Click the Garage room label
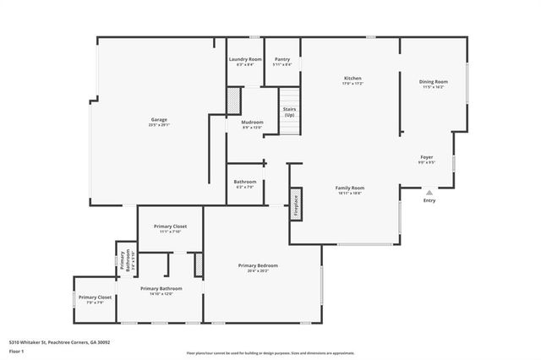tap(158, 121)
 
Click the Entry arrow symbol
tap(429, 193)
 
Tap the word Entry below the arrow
tap(429, 201)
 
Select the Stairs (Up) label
tap(289, 112)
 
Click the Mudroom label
tap(252, 124)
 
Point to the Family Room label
tap(349, 189)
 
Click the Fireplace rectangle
tap(296, 205)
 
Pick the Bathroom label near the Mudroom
tap(245, 183)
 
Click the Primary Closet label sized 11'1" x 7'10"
tap(170, 228)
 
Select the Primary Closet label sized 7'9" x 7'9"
tap(95, 299)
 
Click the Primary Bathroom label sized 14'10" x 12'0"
tap(161, 291)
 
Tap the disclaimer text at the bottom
tap(270, 352)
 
